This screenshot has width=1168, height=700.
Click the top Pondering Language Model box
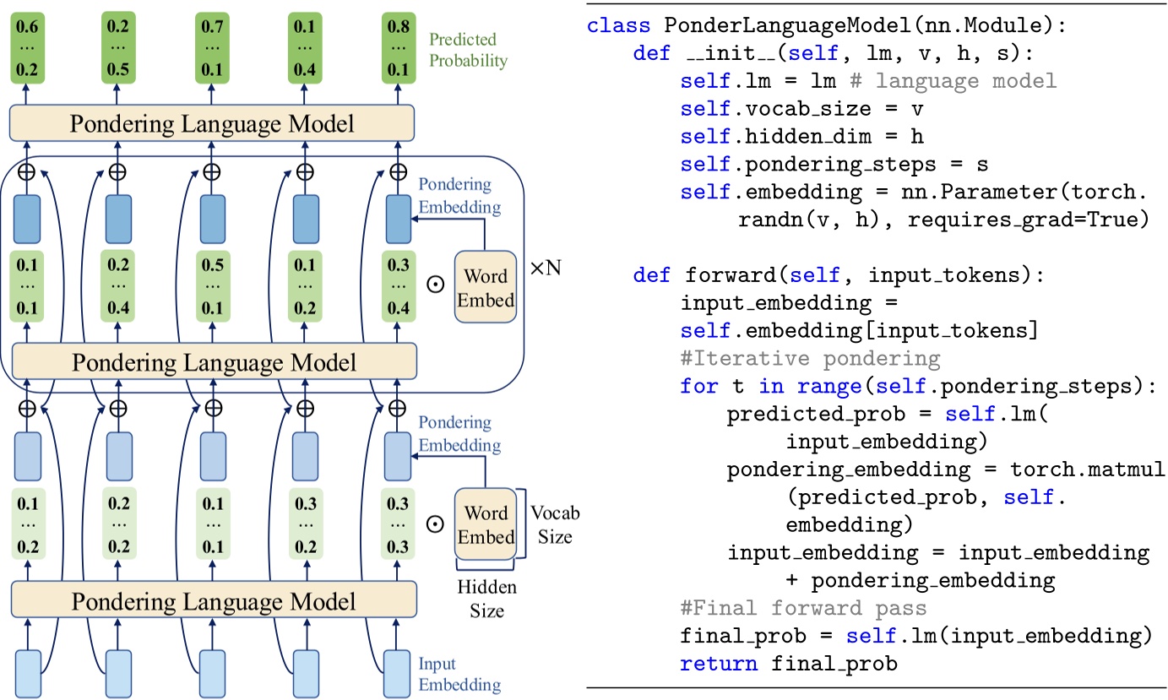(212, 124)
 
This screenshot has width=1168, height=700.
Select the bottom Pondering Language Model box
(214, 601)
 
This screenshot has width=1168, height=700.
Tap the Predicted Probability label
(468, 50)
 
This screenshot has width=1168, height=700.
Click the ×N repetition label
(546, 269)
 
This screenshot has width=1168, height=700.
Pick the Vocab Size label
(555, 524)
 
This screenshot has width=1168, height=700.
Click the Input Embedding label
(459, 674)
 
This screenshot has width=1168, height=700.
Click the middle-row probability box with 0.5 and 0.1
(211, 285)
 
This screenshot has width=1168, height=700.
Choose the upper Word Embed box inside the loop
(486, 287)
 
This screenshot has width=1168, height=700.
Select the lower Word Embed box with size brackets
(486, 524)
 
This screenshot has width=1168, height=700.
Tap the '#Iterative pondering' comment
(809, 358)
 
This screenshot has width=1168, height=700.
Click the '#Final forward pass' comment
(803, 608)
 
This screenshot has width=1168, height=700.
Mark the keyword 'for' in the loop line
(699, 386)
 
